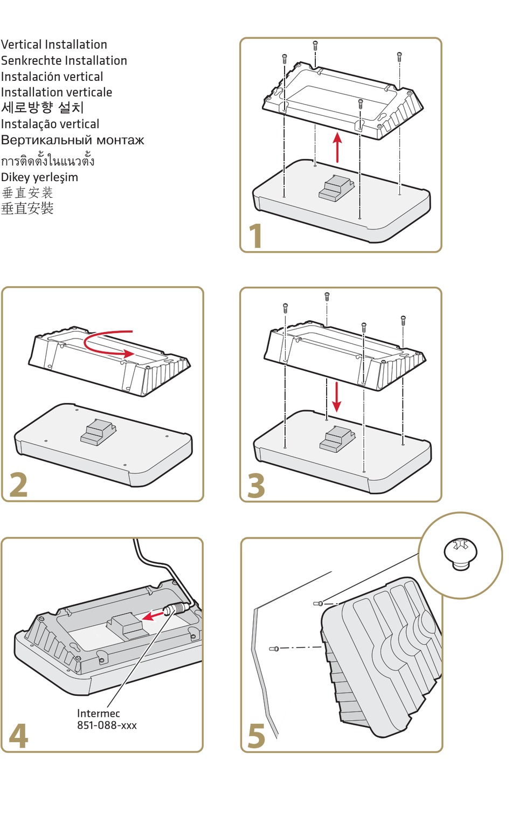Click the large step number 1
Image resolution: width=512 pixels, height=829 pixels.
(x=256, y=236)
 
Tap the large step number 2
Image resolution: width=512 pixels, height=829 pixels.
(x=18, y=485)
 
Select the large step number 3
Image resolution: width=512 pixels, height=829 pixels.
(x=256, y=485)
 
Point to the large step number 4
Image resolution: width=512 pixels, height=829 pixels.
(x=18, y=736)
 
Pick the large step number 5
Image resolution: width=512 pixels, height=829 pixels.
(x=257, y=736)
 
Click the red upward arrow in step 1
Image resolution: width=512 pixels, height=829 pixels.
(x=337, y=147)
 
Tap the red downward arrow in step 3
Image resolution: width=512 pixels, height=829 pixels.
(x=336, y=397)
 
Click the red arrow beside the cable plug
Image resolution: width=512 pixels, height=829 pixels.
(x=153, y=615)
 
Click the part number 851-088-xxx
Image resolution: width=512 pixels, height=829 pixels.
(x=107, y=725)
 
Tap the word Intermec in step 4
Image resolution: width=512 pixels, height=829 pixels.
(x=99, y=713)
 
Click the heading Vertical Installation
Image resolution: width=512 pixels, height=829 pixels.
(x=54, y=44)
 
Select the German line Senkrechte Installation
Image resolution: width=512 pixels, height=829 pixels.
(x=64, y=60)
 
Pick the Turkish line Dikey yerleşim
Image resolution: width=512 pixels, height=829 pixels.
(x=39, y=177)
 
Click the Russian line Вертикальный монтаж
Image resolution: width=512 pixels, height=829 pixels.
(x=73, y=140)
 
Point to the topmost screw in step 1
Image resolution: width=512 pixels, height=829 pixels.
(x=315, y=45)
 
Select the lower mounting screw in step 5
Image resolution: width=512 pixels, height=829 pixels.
(x=274, y=648)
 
